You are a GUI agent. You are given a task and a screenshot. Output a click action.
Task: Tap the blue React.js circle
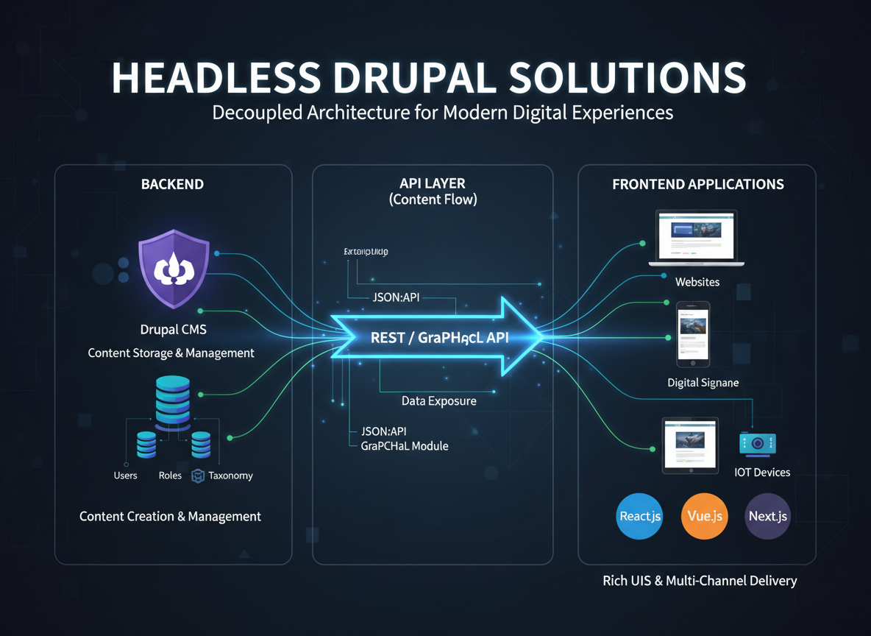coord(640,516)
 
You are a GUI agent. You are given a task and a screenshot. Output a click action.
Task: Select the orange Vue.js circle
coord(704,516)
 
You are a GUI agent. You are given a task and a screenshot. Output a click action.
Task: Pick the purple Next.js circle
coord(768,516)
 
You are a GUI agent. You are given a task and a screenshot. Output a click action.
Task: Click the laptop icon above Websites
coord(696,238)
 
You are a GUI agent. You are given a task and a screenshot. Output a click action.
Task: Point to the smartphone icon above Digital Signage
coord(693,333)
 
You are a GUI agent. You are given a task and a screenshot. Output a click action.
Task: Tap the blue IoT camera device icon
coord(758,443)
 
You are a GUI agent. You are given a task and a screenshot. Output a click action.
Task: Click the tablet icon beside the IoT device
coord(690,445)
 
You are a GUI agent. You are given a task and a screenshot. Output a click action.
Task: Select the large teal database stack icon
coord(173,402)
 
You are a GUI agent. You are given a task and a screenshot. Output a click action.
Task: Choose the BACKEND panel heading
coord(173,184)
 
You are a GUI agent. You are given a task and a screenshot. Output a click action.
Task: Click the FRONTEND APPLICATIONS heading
coord(698,184)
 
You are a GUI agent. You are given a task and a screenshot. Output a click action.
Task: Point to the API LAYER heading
coord(433,184)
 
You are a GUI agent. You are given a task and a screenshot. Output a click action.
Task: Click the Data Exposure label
coord(439,401)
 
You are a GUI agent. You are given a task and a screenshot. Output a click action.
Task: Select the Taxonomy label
coord(230,476)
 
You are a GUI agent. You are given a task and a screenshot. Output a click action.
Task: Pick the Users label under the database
coord(126,476)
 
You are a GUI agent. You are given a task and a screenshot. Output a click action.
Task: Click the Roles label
coord(170,476)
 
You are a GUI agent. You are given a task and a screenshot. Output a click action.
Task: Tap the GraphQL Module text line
coord(405,446)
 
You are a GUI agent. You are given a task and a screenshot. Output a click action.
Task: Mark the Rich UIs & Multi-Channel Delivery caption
coord(700,581)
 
